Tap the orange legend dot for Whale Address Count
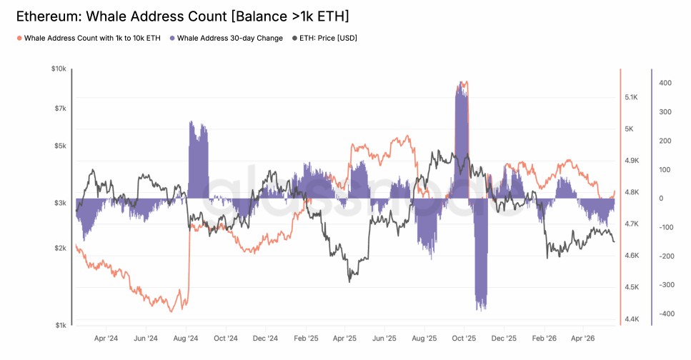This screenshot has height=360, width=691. pyautogui.click(x=19, y=39)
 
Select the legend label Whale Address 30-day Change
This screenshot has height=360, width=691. pyautogui.click(x=229, y=39)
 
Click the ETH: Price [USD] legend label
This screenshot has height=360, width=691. pyautogui.click(x=328, y=39)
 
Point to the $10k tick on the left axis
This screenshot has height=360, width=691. pyautogui.click(x=59, y=69)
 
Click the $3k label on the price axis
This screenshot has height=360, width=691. pyautogui.click(x=60, y=203)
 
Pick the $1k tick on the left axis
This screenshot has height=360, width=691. pyautogui.click(x=61, y=325)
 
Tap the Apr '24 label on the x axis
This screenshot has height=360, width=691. pyautogui.click(x=106, y=339)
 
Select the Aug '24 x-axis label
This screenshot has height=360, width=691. pyautogui.click(x=186, y=339)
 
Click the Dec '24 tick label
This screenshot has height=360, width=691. pyautogui.click(x=265, y=339)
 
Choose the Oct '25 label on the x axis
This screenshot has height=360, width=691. pyautogui.click(x=464, y=339)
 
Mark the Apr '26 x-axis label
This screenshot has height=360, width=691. pyautogui.click(x=582, y=339)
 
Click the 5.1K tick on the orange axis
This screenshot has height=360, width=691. pyautogui.click(x=631, y=97)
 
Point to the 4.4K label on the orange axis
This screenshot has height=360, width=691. pyautogui.click(x=632, y=319)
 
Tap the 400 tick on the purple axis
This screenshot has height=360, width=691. pyautogui.click(x=665, y=83)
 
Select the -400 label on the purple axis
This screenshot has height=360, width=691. pyautogui.click(x=667, y=314)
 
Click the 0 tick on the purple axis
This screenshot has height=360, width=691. pyautogui.click(x=661, y=199)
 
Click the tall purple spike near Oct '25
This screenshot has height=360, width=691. pyautogui.click(x=462, y=140)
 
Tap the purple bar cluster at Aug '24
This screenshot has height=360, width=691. pyautogui.click(x=199, y=160)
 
